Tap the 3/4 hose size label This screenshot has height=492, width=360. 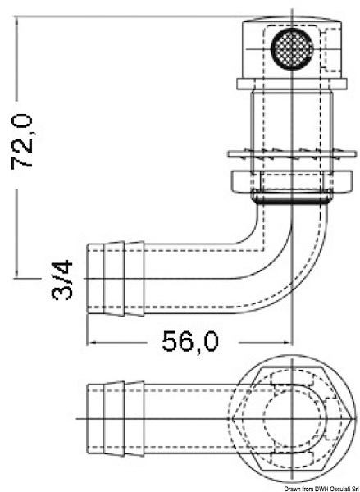pyautogui.click(x=62, y=279)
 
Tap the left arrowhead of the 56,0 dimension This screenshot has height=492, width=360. pyautogui.click(x=91, y=342)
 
